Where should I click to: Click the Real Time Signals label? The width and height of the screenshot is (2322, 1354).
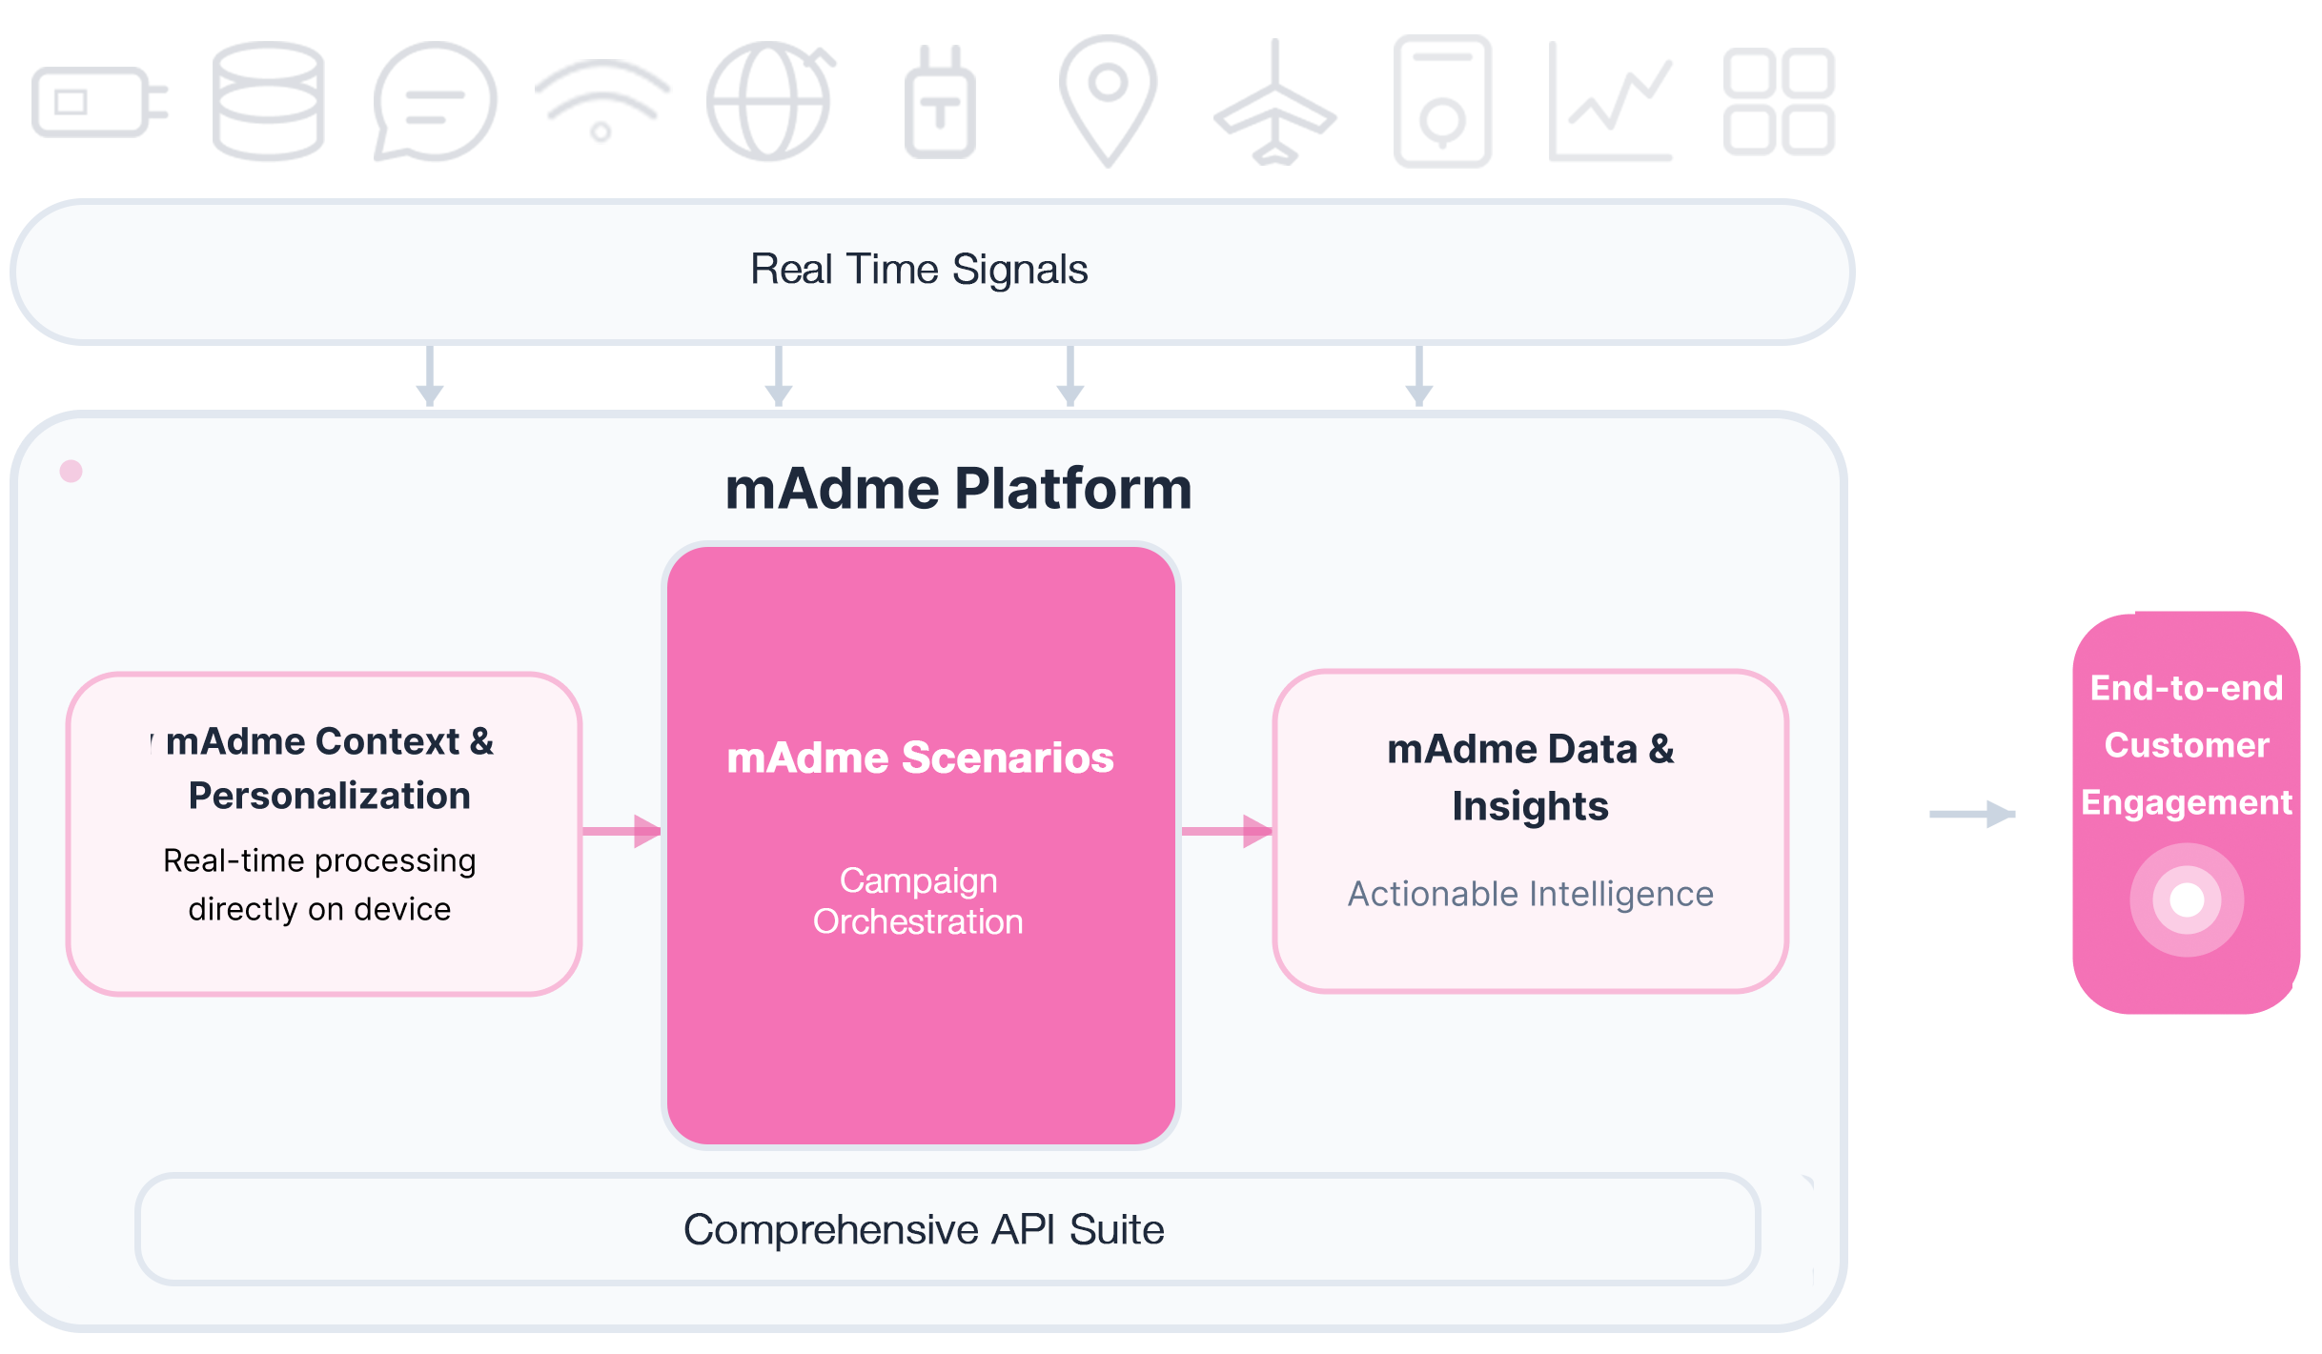(919, 270)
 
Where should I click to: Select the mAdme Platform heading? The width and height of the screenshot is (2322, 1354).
(958, 489)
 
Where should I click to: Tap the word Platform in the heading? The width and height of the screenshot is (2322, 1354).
(1072, 489)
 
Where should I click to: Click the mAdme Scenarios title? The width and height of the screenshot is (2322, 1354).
(920, 758)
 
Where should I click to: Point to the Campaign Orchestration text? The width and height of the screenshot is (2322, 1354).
(918, 901)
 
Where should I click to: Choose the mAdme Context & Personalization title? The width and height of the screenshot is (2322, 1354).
(330, 768)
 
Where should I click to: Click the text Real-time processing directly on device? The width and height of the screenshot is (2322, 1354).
(319, 884)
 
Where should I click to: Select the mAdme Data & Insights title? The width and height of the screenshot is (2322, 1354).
(1530, 778)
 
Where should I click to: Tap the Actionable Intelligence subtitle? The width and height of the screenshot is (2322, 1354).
(1530, 894)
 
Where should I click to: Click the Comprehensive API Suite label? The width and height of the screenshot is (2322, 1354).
(924, 1229)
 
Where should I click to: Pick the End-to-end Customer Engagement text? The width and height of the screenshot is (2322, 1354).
(2187, 745)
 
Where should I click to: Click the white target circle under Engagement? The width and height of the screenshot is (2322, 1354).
(2187, 899)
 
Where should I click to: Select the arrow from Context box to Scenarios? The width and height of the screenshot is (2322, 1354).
(621, 831)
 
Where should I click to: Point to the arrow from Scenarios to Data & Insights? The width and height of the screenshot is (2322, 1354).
(1227, 831)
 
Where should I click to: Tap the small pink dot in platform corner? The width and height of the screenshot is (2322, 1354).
(71, 471)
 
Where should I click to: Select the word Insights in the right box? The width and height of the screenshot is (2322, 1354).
(1530, 806)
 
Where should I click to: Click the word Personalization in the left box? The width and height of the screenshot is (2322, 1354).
(330, 796)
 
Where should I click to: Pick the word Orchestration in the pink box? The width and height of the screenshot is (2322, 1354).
(918, 922)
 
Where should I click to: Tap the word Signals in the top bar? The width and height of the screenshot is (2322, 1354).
(1020, 270)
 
